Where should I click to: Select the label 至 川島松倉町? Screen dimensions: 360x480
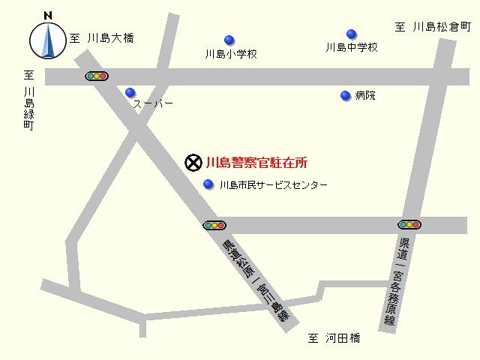click(433, 27)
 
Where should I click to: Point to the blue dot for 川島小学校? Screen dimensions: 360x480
click(229, 40)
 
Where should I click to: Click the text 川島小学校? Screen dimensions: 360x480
click(231, 54)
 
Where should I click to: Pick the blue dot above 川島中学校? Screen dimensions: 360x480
click(351, 34)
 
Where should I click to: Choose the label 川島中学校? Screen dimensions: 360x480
click(351, 47)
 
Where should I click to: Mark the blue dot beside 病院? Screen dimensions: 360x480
click(346, 95)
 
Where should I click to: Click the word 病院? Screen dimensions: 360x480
click(365, 95)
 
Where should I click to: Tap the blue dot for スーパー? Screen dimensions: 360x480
click(130, 92)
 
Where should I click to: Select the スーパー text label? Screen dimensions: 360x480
click(153, 103)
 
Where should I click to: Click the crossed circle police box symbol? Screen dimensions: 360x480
click(193, 160)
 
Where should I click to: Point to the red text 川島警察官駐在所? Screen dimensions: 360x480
click(256, 160)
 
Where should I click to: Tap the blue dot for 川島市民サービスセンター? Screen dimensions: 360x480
click(208, 184)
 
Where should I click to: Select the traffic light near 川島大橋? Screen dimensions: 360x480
click(97, 76)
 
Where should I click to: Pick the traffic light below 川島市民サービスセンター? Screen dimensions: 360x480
click(214, 224)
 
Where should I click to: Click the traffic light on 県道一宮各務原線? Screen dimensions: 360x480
click(409, 224)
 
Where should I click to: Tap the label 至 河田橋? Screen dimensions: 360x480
click(334, 338)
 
